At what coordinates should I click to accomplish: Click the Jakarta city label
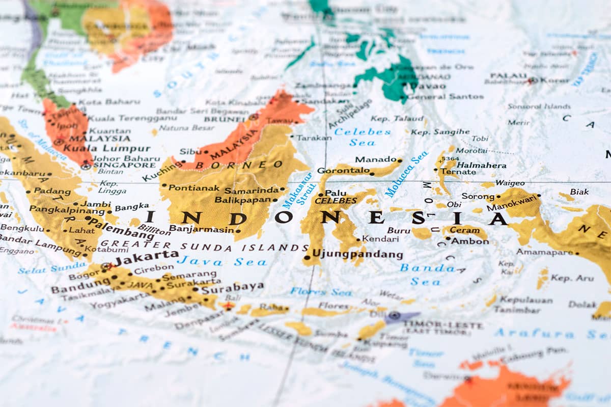(146, 255)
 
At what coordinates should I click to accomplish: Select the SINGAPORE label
(117, 165)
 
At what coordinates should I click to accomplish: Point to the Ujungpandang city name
(357, 254)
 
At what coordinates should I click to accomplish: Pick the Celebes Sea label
(363, 137)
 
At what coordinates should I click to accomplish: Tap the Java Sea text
(222, 262)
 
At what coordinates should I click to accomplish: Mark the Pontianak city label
(194, 188)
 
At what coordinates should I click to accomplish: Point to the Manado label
(376, 159)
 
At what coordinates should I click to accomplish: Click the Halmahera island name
(481, 165)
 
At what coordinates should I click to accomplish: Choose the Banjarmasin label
(201, 229)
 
